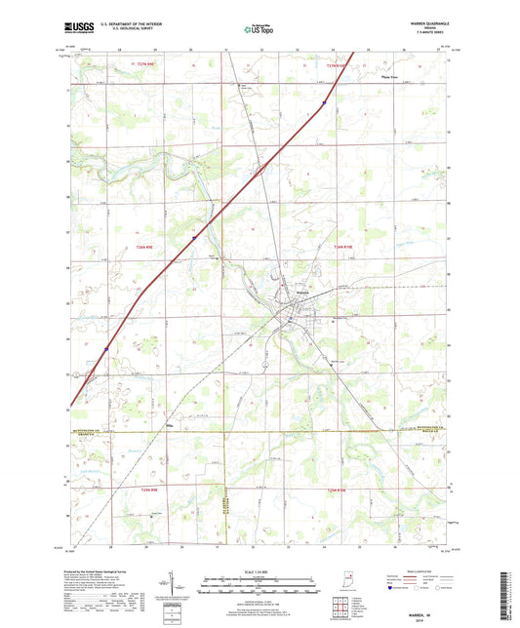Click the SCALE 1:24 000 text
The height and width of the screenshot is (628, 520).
point(259,570)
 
